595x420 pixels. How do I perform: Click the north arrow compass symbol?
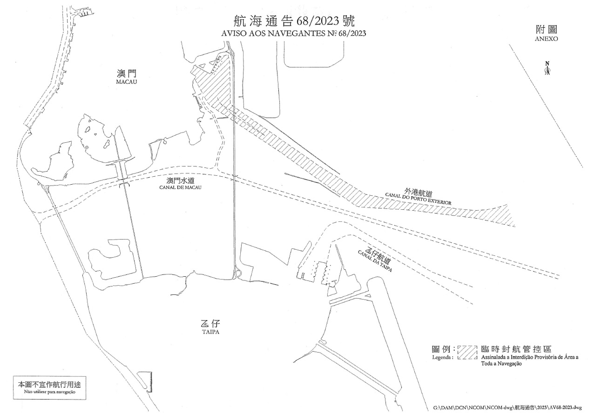pyautogui.click(x=547, y=68)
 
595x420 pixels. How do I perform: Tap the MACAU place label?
pyautogui.click(x=127, y=82)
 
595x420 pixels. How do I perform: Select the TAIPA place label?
pyautogui.click(x=210, y=332)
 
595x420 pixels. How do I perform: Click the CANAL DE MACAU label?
pyautogui.click(x=180, y=187)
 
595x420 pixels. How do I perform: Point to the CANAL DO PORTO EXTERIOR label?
pyautogui.click(x=418, y=199)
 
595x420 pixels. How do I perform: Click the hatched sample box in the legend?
pyautogui.click(x=467, y=352)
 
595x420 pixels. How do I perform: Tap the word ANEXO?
pyautogui.click(x=547, y=39)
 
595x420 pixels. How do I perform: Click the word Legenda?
pyautogui.click(x=443, y=357)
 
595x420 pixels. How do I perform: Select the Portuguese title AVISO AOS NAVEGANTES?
pyautogui.click(x=293, y=33)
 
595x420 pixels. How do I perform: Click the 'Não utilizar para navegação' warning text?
pyautogui.click(x=50, y=392)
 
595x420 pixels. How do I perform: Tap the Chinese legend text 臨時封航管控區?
pyautogui.click(x=516, y=349)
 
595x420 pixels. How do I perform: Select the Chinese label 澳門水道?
pyautogui.click(x=180, y=180)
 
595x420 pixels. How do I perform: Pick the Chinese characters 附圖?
pyautogui.click(x=547, y=29)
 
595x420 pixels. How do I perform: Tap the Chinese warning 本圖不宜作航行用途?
pyautogui.click(x=49, y=385)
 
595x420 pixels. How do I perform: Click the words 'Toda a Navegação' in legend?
pyautogui.click(x=501, y=364)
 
